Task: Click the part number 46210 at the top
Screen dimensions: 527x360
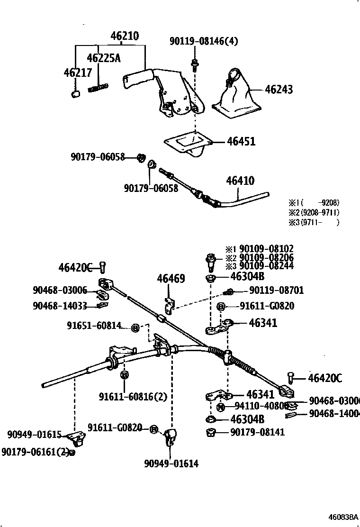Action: (125, 36)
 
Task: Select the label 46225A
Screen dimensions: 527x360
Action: (104, 58)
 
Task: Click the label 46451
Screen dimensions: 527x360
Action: (241, 141)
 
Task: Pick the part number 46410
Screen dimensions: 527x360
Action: (240, 181)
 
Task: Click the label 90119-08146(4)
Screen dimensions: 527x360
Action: (204, 42)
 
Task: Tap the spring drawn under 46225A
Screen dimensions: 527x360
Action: (99, 87)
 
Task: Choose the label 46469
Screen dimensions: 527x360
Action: (171, 279)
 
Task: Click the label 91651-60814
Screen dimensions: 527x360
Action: (94, 326)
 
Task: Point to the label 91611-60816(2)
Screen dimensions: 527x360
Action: (133, 396)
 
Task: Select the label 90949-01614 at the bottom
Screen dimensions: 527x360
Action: (171, 463)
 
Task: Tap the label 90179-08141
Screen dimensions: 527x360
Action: (258, 432)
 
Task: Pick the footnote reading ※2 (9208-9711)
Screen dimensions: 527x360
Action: (315, 213)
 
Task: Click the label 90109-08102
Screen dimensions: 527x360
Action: (266, 249)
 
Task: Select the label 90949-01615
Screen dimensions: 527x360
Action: (34, 435)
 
